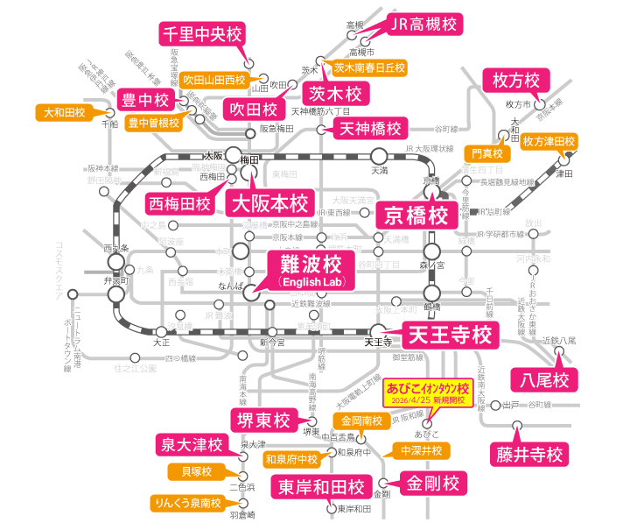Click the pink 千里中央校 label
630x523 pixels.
coord(201,35)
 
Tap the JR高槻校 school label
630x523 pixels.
coord(424,24)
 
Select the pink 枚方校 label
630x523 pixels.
coord(516,81)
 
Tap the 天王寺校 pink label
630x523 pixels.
coord(450,333)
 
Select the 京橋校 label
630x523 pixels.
coord(416,215)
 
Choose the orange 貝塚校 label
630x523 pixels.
coord(196,472)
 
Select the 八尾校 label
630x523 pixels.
coord(540,379)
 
